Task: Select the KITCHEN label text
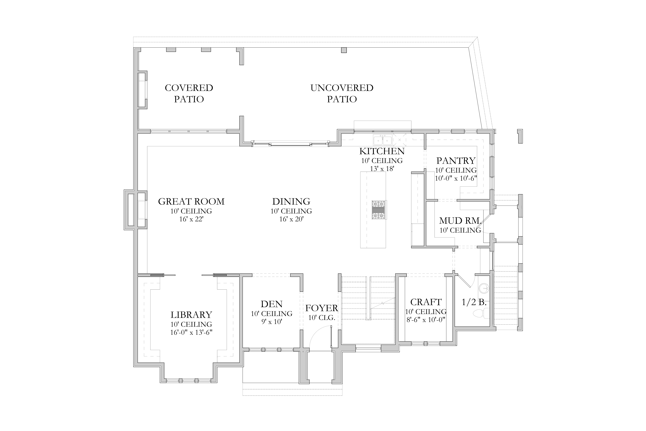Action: pos(382,151)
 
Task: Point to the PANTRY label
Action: pos(456,161)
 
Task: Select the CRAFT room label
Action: pos(426,302)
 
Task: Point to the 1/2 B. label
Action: pos(474,302)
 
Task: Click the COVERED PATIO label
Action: pos(189,93)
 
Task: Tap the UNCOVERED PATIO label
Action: pos(342,93)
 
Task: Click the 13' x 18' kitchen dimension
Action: pos(382,169)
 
